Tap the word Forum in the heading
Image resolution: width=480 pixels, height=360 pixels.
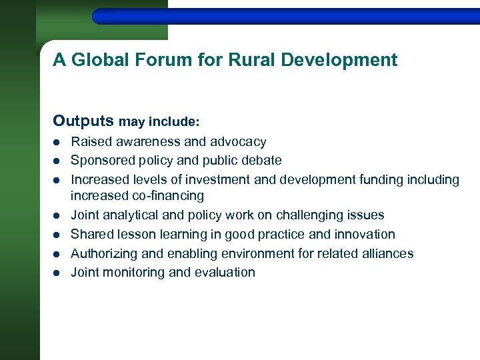(160, 60)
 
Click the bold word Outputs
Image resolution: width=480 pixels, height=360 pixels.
(83, 121)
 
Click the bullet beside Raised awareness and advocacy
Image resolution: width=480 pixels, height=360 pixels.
(57, 142)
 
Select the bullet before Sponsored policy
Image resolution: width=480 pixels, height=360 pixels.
(57, 161)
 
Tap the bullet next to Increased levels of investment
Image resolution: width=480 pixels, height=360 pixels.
(57, 180)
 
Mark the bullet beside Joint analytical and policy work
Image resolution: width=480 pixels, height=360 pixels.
(57, 215)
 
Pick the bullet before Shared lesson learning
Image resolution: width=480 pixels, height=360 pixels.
(57, 235)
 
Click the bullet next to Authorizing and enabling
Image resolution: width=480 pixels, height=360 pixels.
(57, 254)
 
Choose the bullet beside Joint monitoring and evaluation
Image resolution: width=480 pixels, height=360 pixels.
(57, 273)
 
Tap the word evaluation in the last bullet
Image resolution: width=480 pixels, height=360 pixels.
(226, 273)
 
